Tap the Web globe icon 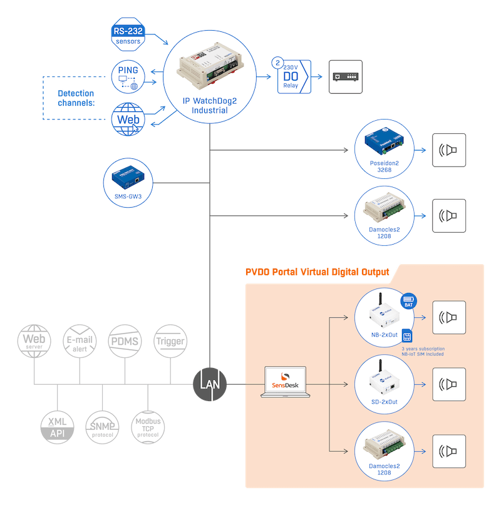coord(128,118)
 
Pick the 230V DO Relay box coord(294,77)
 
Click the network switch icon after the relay coord(346,76)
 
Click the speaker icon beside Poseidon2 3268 coord(449,150)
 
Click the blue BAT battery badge coord(409,302)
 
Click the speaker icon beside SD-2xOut coord(449,384)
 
